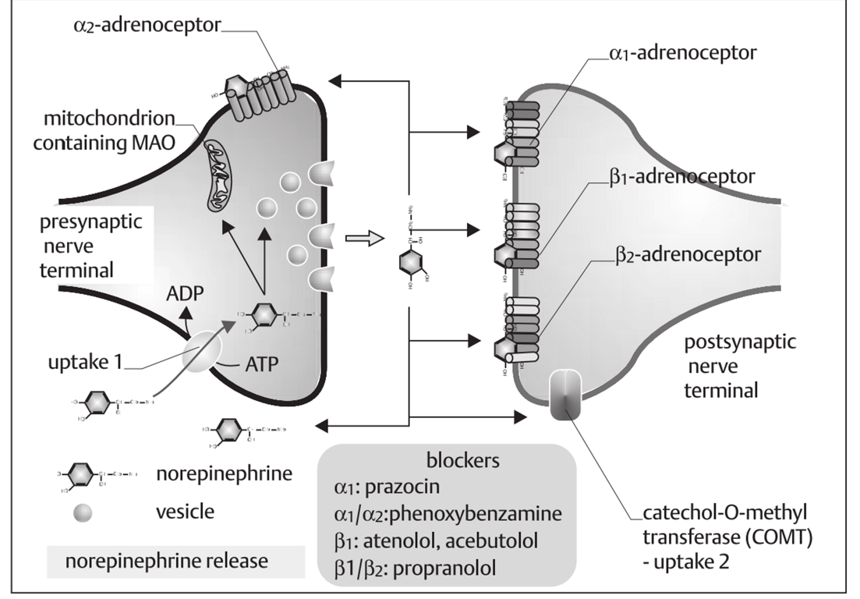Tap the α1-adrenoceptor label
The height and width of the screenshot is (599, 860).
685,55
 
